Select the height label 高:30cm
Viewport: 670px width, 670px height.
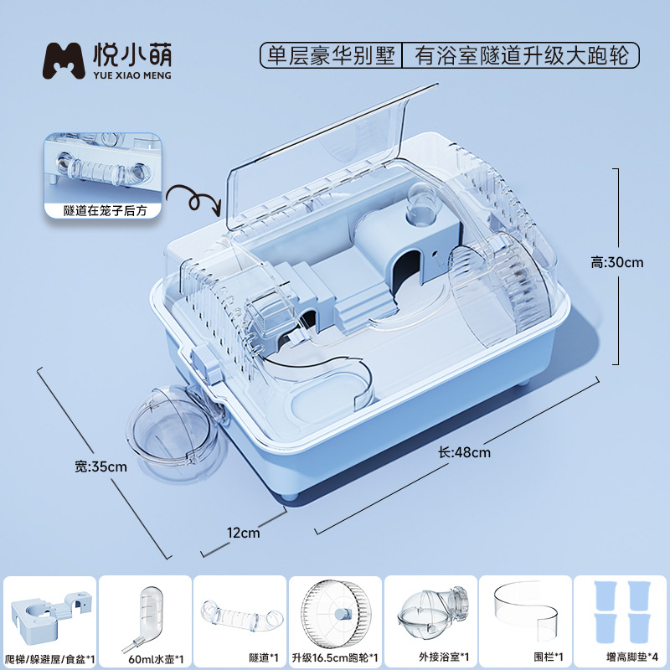click(616, 262)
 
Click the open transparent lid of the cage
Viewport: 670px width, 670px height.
click(327, 151)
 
